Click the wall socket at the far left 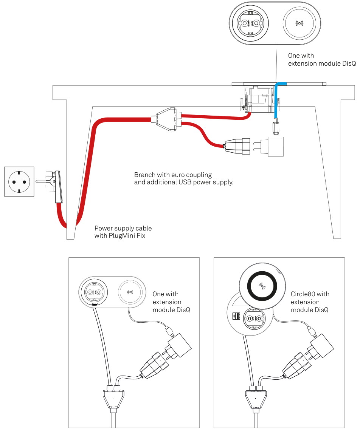19,181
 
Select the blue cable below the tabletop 277,102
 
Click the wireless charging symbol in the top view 299,23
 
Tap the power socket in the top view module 250,23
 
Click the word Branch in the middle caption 145,175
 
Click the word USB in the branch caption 184,182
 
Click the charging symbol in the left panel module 131,292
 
